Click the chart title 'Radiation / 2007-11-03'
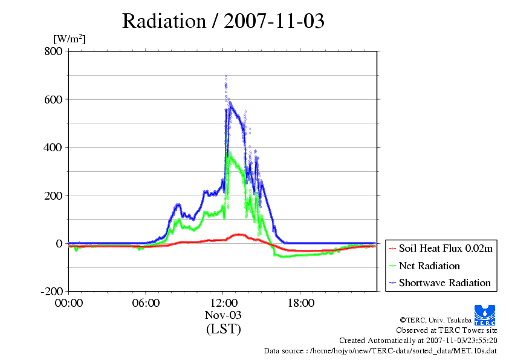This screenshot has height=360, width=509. coord(223,21)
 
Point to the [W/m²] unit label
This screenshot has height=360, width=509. coord(70,39)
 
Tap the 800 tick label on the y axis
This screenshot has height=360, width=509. coord(53,51)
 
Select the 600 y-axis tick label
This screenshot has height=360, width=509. coord(53,99)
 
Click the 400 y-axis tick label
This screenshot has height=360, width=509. coord(53,148)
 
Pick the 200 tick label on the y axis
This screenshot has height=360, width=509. coord(53,195)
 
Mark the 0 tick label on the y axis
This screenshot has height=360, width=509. coord(59,244)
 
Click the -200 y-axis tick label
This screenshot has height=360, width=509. coord(52,292)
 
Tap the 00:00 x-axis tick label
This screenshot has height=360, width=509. coord(69,303)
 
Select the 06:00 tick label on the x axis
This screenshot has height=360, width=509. coord(146,303)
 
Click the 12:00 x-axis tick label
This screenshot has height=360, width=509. coord(223,303)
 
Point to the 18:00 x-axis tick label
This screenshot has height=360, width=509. coord(300,303)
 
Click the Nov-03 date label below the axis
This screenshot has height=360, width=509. coord(223,315)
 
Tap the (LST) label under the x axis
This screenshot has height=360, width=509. coord(223,329)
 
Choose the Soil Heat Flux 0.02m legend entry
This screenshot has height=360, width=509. coord(441,249)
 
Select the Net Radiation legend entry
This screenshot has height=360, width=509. coord(424,266)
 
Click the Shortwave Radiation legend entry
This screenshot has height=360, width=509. coord(440,283)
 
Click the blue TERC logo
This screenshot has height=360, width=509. coord(485,315)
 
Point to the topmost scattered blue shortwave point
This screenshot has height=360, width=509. coord(226,76)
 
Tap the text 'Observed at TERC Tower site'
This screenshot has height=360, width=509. coord(447,330)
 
